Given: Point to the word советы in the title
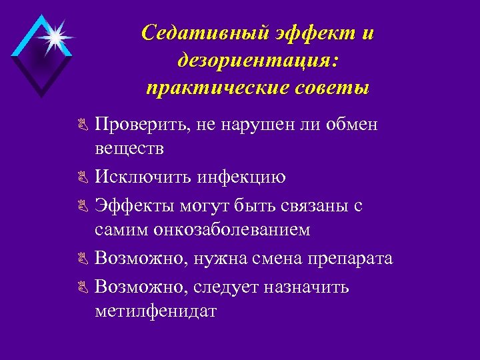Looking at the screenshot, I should pos(337,88).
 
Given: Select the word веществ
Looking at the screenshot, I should pos(129,147).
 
